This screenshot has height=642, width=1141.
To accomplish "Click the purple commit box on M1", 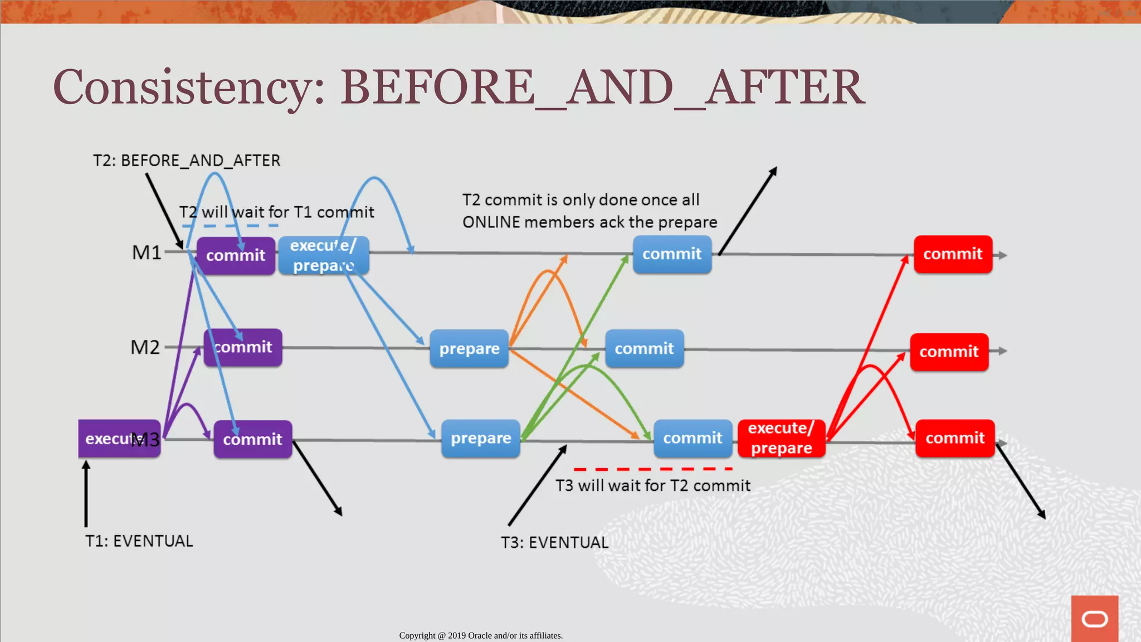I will pos(236,255).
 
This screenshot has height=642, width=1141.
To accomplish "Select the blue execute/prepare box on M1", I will pos(323,255).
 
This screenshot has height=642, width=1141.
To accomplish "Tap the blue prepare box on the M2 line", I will pos(469,348).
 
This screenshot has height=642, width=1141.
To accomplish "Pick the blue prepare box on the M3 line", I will pos(480,439).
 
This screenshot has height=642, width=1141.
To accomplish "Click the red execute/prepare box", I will pos(781,438).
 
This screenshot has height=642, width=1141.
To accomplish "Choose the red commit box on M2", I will pos(949,352).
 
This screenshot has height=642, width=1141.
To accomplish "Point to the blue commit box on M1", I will pos(672,254).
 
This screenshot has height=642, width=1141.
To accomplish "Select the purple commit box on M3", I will pos(252,439).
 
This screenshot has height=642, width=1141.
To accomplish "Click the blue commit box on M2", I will pos(644,348).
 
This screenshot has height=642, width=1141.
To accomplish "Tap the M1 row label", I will pos(146,252).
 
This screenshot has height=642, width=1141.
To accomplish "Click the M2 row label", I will pos(145,347).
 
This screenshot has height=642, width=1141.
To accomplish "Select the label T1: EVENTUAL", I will pos(139,541).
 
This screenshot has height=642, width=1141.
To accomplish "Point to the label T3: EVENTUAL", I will pos(554,542).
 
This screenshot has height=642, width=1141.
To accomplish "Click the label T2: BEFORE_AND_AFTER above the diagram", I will pos(187,160).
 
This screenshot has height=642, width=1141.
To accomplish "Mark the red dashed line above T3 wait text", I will pos(652,469).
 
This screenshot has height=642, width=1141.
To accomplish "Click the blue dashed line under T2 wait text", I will pos(230,226).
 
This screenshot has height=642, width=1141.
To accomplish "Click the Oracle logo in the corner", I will pos(1094,619).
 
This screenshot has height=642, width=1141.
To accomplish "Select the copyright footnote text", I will pos(481,635).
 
